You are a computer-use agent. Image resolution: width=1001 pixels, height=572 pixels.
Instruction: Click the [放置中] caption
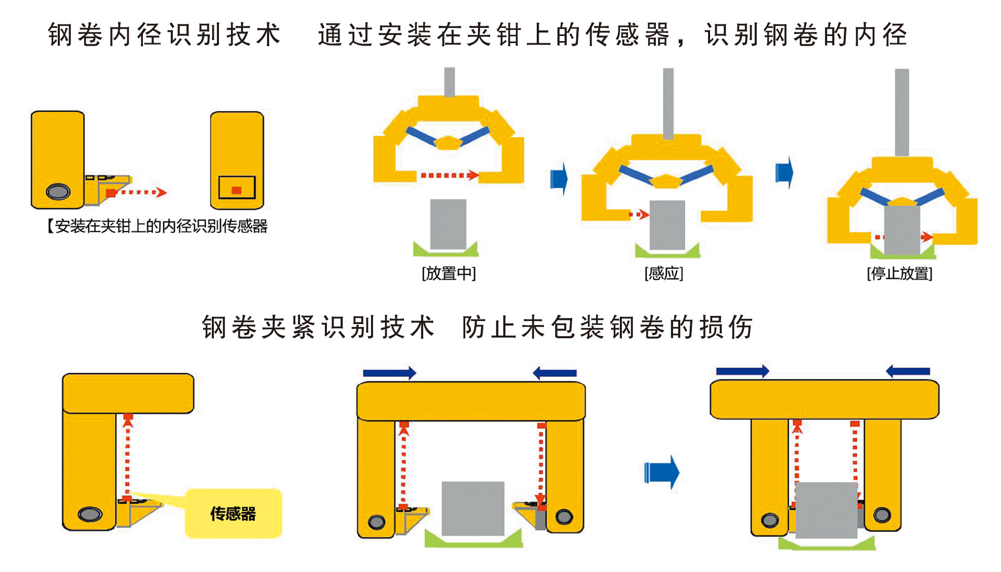click(449, 274)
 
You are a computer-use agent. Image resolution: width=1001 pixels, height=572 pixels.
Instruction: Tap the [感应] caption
click(664, 274)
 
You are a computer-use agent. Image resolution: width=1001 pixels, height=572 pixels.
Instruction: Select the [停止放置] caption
click(900, 274)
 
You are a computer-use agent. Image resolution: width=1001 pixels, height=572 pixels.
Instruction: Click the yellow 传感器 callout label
click(233, 514)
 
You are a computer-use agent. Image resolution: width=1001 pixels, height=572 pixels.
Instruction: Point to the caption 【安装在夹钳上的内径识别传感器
click(157, 226)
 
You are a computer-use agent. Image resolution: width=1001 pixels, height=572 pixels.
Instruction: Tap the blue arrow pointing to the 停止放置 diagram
click(784, 172)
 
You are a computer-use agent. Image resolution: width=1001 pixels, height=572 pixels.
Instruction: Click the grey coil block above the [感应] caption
click(667, 225)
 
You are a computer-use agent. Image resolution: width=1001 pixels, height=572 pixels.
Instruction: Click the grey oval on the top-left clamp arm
click(58, 192)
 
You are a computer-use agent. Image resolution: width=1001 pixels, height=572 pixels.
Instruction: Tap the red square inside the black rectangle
click(236, 190)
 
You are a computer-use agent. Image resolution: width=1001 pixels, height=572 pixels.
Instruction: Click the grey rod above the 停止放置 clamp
click(902, 112)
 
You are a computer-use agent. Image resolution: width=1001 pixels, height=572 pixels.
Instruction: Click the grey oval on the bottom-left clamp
click(90, 514)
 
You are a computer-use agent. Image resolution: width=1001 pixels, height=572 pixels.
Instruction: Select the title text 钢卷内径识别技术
click(164, 35)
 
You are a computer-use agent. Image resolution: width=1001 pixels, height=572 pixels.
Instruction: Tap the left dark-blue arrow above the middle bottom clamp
click(389, 373)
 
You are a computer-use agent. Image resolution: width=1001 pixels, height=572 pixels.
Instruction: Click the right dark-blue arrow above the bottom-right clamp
click(908, 371)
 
